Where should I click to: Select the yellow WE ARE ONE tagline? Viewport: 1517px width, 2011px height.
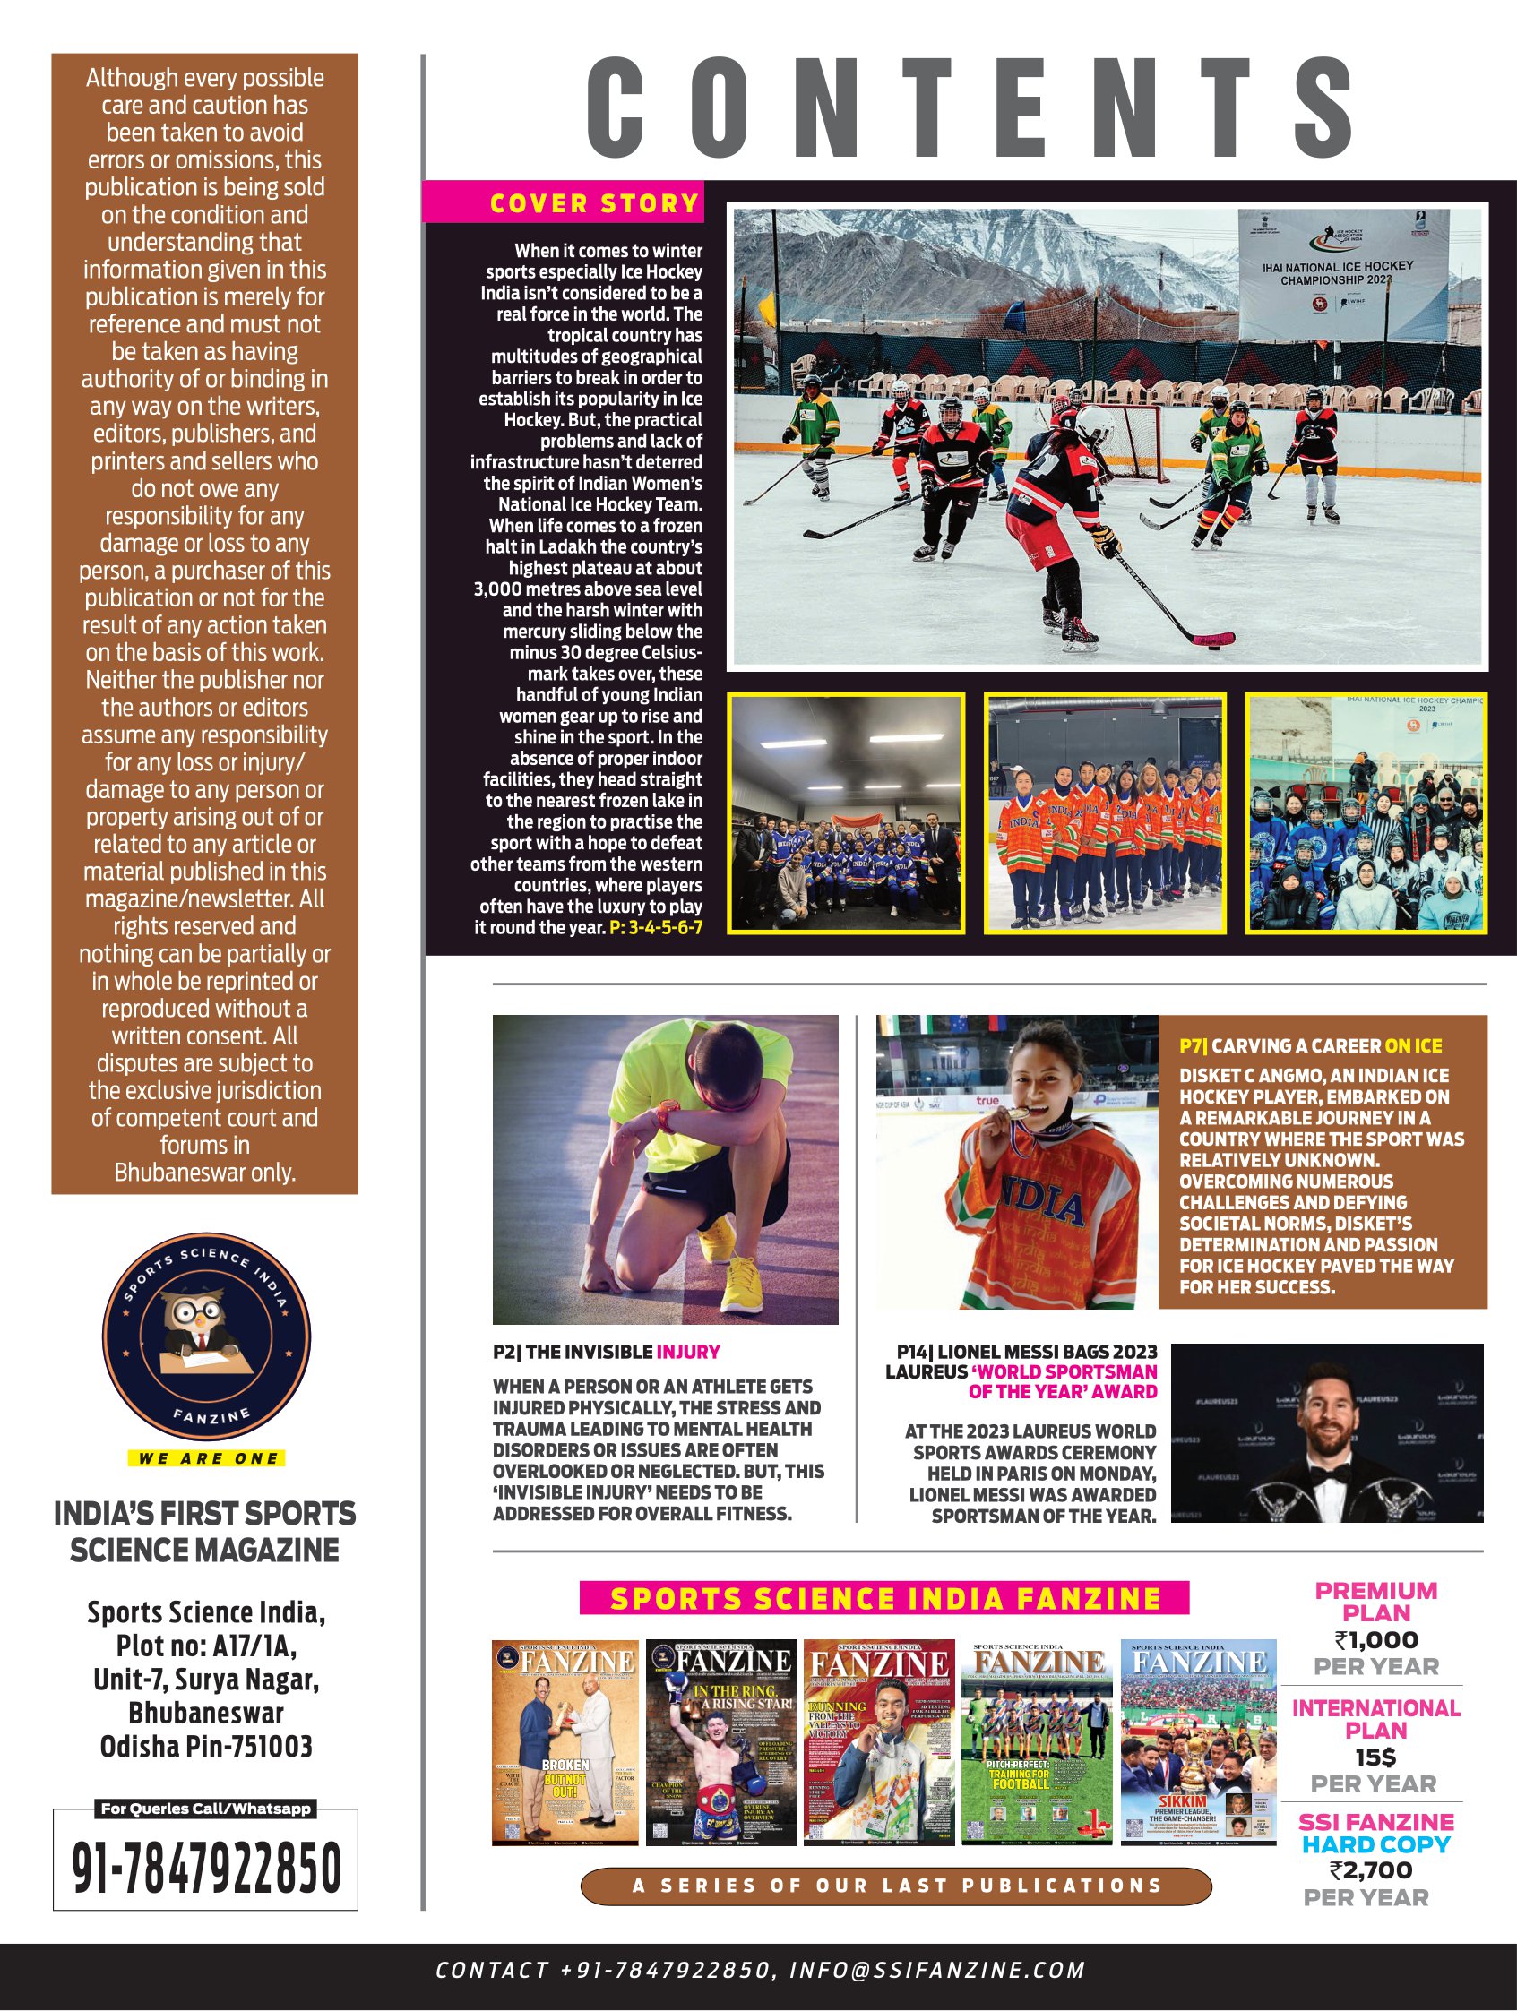tap(206, 1459)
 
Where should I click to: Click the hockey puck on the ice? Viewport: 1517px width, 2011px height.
tap(1213, 647)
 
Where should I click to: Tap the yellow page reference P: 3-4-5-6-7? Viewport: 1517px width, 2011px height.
tap(656, 928)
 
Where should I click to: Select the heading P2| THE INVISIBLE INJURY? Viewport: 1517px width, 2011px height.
tap(606, 1352)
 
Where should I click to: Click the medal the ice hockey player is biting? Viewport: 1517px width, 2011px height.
tap(1023, 1113)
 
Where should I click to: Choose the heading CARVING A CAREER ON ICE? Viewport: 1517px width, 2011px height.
tap(1311, 1045)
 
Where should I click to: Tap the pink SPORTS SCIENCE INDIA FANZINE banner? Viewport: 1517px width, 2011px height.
tap(884, 1597)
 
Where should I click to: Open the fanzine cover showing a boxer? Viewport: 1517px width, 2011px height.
tap(720, 1742)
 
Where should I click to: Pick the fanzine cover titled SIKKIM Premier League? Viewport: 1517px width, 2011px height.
tap(1198, 1742)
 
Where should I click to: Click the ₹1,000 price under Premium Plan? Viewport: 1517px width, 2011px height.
tap(1375, 1639)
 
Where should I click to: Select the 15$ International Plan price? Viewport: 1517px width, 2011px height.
tap(1375, 1757)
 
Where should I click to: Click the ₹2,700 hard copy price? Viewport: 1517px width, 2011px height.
tap(1371, 1870)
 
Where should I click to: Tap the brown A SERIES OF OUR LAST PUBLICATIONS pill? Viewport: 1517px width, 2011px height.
tap(896, 1886)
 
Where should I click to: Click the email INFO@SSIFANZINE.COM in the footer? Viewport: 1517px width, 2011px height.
tap(936, 1970)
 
